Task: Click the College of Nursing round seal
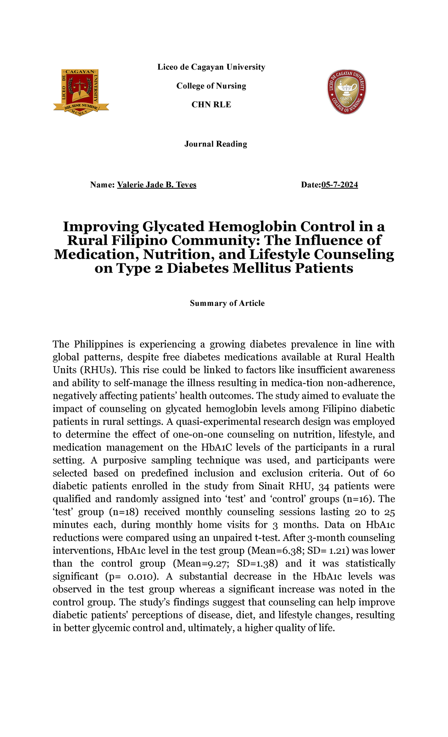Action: (x=346, y=92)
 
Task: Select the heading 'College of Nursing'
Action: (x=211, y=86)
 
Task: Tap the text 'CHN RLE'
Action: (x=211, y=105)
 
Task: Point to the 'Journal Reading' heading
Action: (x=216, y=144)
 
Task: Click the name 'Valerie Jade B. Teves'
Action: (x=156, y=185)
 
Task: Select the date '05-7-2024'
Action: (x=339, y=185)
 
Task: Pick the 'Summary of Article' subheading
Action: (x=227, y=303)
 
